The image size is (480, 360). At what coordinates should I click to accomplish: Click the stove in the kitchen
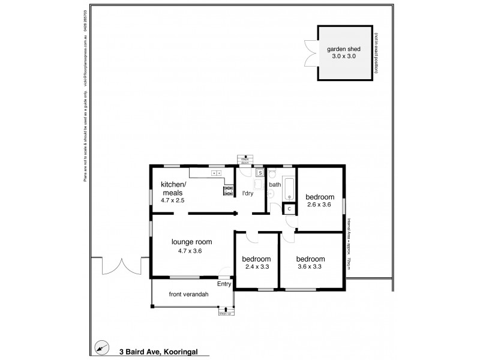(x=228, y=191)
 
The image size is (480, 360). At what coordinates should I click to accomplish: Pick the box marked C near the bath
(x=289, y=208)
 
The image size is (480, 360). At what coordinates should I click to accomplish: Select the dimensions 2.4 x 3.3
(x=256, y=266)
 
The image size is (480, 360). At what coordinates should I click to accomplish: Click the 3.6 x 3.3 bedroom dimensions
(x=312, y=266)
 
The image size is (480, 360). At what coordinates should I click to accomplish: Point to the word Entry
(x=224, y=284)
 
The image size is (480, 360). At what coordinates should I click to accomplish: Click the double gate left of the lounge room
(x=120, y=266)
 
